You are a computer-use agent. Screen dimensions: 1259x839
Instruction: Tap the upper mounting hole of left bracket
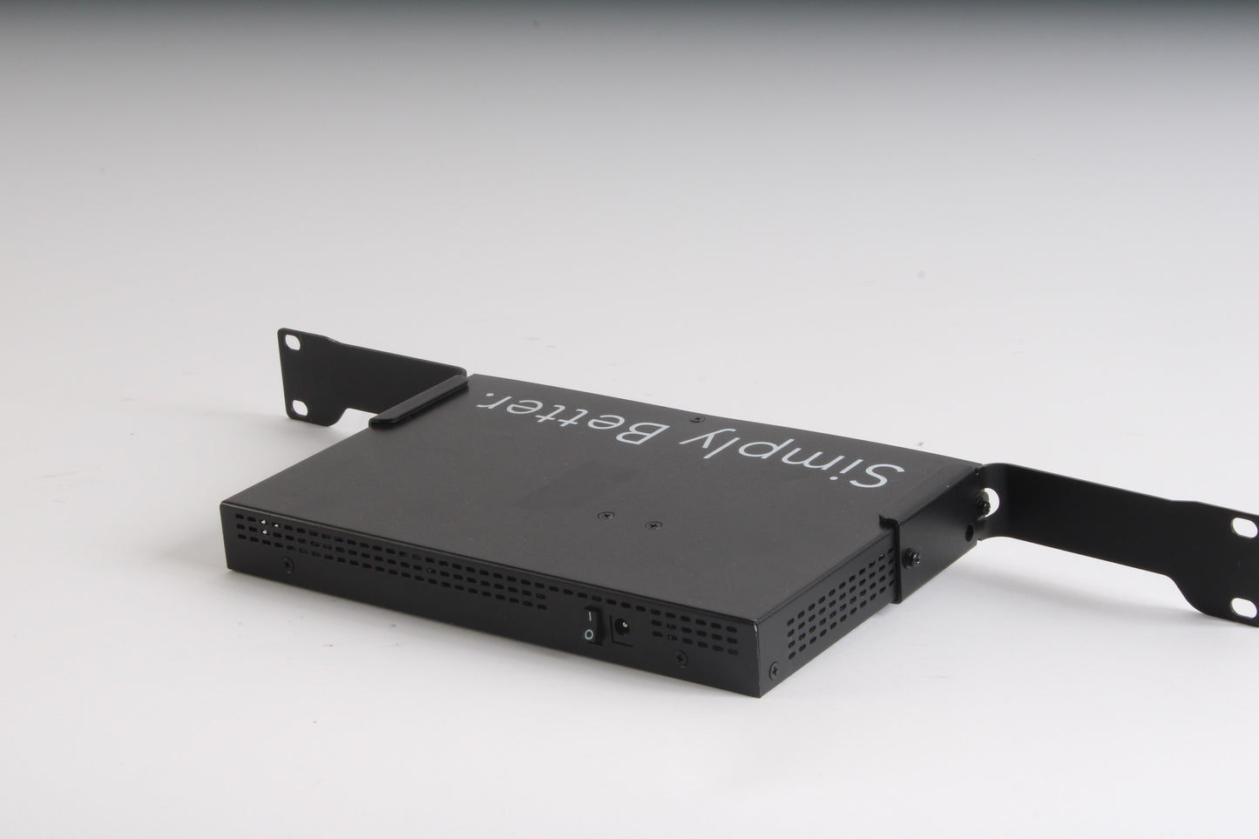pyautogui.click(x=293, y=342)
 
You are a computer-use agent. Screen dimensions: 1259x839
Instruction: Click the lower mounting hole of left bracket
pyautogui.click(x=300, y=409)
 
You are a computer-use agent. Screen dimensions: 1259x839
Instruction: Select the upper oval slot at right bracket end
pyautogui.click(x=1244, y=528)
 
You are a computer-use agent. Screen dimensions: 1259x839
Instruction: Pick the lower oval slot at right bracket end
pyautogui.click(x=1243, y=608)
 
